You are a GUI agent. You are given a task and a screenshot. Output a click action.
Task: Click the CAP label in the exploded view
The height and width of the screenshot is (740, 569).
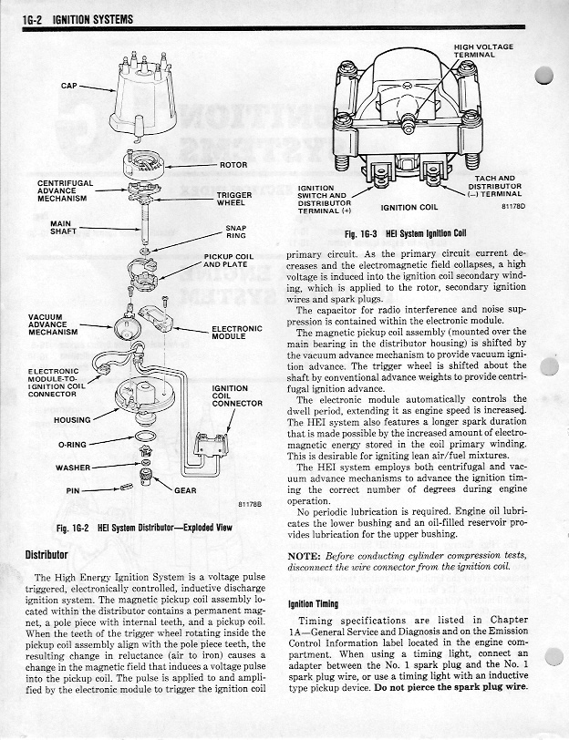tap(69, 86)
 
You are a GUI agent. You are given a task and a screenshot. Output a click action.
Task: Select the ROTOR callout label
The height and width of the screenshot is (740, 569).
tap(234, 166)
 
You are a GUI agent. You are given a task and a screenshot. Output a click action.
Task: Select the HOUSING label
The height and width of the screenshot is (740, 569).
tap(72, 420)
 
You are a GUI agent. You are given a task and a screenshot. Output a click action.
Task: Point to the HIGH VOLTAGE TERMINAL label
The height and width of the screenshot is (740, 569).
tap(483, 50)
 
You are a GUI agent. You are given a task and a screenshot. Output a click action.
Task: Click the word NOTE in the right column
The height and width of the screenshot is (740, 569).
tap(303, 555)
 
